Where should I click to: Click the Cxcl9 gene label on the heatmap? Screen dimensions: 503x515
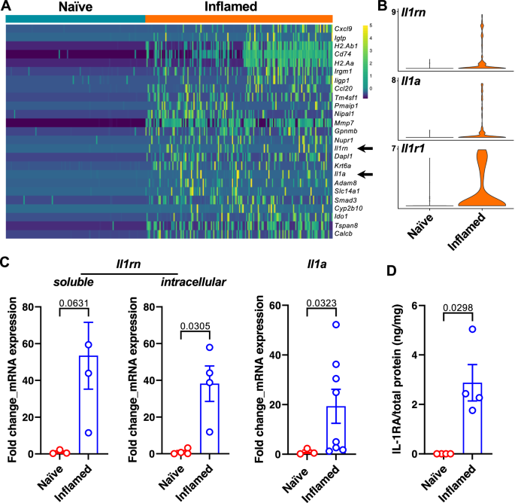[x=347, y=28]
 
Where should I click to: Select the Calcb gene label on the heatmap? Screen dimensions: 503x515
[x=346, y=233]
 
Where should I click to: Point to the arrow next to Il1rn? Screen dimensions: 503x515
[x=366, y=148]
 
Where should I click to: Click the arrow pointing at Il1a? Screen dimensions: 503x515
[x=366, y=174]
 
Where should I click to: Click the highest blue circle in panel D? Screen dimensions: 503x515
[x=473, y=329]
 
